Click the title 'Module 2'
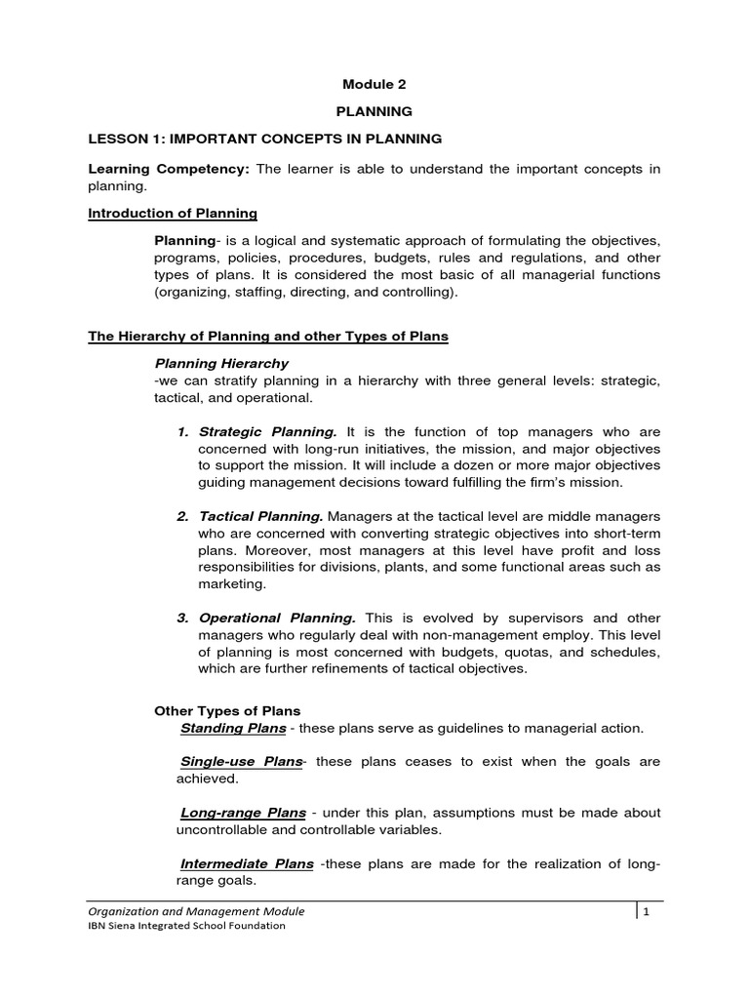click(x=374, y=85)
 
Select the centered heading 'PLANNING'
click(x=374, y=112)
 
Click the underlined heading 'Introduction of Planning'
click(x=173, y=213)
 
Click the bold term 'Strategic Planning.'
click(x=268, y=431)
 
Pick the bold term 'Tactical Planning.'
click(x=262, y=515)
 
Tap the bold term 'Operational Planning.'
click(x=278, y=618)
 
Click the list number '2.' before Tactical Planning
click(x=183, y=515)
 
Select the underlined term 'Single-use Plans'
click(x=242, y=761)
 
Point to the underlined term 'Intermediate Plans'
click(x=248, y=863)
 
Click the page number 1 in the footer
click(x=646, y=911)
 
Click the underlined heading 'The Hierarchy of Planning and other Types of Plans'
click(x=268, y=337)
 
